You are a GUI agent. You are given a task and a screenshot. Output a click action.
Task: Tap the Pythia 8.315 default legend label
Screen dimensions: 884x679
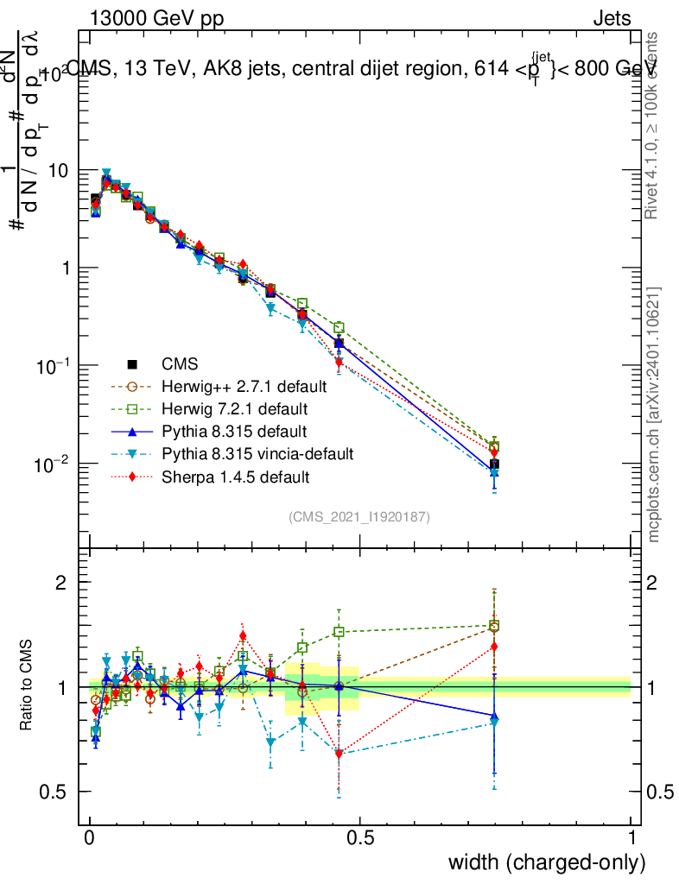click(x=233, y=431)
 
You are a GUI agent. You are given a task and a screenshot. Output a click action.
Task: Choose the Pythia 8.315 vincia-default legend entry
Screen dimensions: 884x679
click(x=257, y=453)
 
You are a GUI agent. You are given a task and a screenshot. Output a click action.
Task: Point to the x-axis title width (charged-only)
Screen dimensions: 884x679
click(x=547, y=862)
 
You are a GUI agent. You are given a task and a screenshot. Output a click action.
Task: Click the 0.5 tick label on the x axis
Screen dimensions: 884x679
click(x=360, y=837)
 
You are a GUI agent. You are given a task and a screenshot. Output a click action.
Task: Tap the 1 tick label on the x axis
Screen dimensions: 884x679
click(x=631, y=837)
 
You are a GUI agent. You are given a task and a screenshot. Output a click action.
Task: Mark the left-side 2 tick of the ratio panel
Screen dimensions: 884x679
click(x=61, y=583)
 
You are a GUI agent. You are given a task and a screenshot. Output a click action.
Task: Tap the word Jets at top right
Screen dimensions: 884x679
click(x=612, y=18)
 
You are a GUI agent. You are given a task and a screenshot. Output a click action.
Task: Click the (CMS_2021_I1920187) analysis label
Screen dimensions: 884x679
click(x=359, y=516)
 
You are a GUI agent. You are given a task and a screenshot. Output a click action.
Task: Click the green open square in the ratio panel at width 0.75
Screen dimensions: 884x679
click(x=494, y=626)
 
